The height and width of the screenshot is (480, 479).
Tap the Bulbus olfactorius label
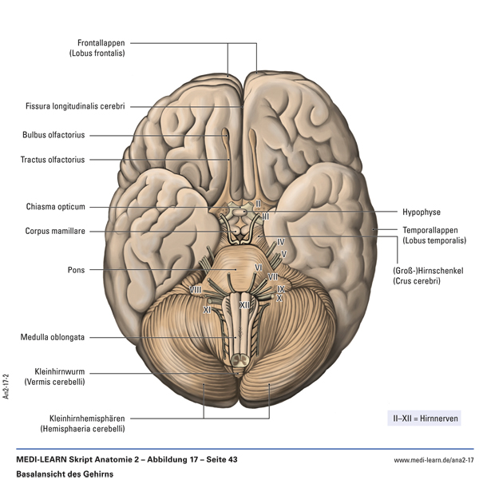[x=53, y=135]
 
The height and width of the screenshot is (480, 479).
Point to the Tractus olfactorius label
[x=53, y=160]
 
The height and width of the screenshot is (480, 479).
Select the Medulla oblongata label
[x=53, y=337]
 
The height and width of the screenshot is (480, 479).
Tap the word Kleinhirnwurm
[x=62, y=371]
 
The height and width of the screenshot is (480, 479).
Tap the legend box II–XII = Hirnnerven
[x=423, y=418]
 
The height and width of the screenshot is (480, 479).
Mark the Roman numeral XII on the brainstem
[x=245, y=304]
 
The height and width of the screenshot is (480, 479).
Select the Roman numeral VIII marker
[x=196, y=289]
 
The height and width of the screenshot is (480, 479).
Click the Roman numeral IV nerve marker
[x=280, y=241]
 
